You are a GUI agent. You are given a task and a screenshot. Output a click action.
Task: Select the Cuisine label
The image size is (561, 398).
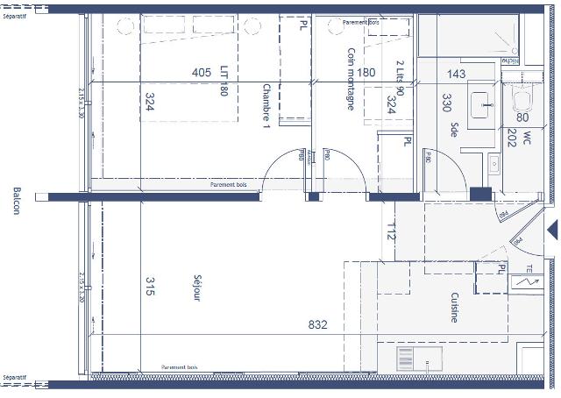(454, 308)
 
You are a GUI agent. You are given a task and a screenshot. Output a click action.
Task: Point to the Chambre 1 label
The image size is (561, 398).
(266, 107)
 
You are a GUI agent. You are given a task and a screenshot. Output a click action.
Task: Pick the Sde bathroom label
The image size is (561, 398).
(455, 131)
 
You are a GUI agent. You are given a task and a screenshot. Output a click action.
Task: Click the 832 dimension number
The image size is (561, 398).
(317, 325)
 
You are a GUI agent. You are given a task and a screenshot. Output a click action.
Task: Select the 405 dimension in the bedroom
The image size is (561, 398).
(202, 73)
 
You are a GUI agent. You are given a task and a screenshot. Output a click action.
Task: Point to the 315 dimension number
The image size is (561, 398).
(150, 287)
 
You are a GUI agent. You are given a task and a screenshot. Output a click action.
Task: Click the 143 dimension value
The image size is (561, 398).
(456, 75)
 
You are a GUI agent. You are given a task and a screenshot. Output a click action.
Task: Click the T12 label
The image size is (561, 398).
(391, 232)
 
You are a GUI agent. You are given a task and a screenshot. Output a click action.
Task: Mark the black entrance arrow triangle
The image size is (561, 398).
(551, 230)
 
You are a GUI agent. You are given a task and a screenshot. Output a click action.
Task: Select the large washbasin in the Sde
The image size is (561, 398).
(481, 103)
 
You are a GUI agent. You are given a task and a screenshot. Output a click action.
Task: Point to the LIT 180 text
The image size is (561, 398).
(225, 80)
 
